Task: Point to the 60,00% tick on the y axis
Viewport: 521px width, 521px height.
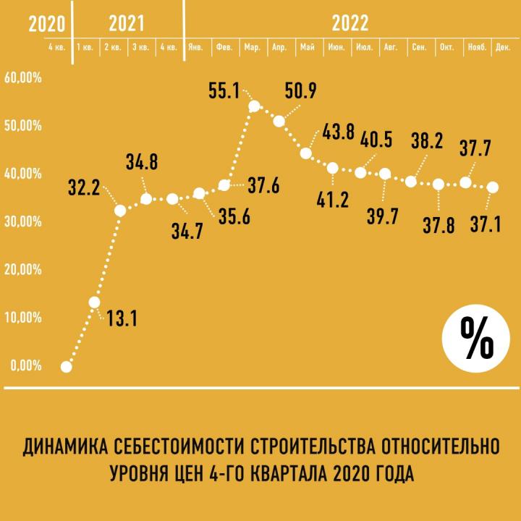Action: click(x=24, y=77)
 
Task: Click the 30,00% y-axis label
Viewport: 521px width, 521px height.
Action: click(x=24, y=221)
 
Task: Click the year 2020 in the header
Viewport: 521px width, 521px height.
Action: click(x=47, y=22)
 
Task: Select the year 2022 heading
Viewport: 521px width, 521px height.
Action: click(x=350, y=22)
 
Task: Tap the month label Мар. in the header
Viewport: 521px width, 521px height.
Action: click(x=253, y=47)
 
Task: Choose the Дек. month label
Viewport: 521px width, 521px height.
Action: click(x=503, y=47)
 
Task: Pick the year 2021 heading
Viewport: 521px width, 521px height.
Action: click(x=127, y=22)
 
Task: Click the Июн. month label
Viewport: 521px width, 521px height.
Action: click(x=336, y=47)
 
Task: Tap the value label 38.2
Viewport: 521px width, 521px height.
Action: click(x=427, y=141)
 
